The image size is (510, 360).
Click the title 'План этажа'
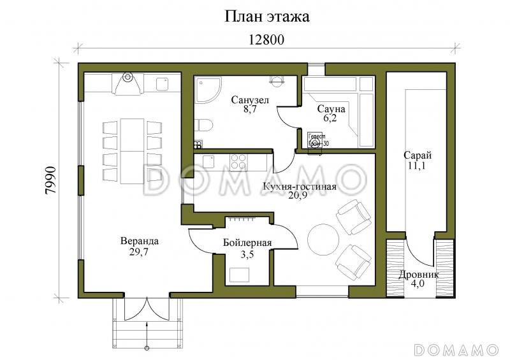pos(266,17)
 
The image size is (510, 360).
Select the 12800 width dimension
pos(266,40)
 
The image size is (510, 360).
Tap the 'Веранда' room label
pos(139,241)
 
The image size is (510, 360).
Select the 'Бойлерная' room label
pos(247,243)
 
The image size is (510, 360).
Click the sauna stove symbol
pos(317,140)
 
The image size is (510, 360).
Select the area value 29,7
pos(139,252)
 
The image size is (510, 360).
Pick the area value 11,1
pos(418,166)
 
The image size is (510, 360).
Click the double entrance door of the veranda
pos(147,308)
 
